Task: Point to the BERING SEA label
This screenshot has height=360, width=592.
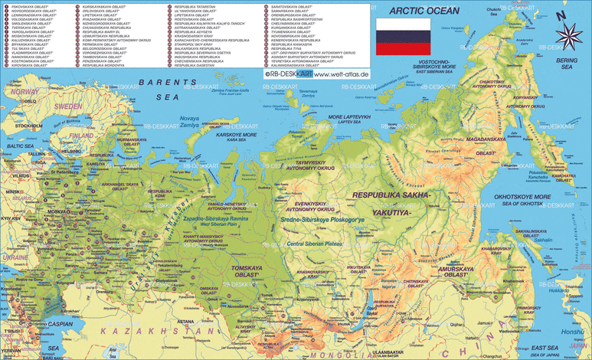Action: click(567, 64)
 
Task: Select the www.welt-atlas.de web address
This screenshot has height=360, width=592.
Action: click(341, 74)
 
